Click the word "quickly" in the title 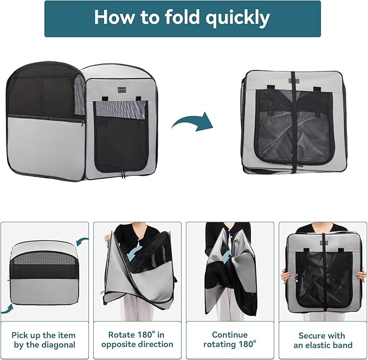(x=238, y=18)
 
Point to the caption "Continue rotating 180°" (x=229, y=340)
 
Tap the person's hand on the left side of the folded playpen (x=285, y=277)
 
